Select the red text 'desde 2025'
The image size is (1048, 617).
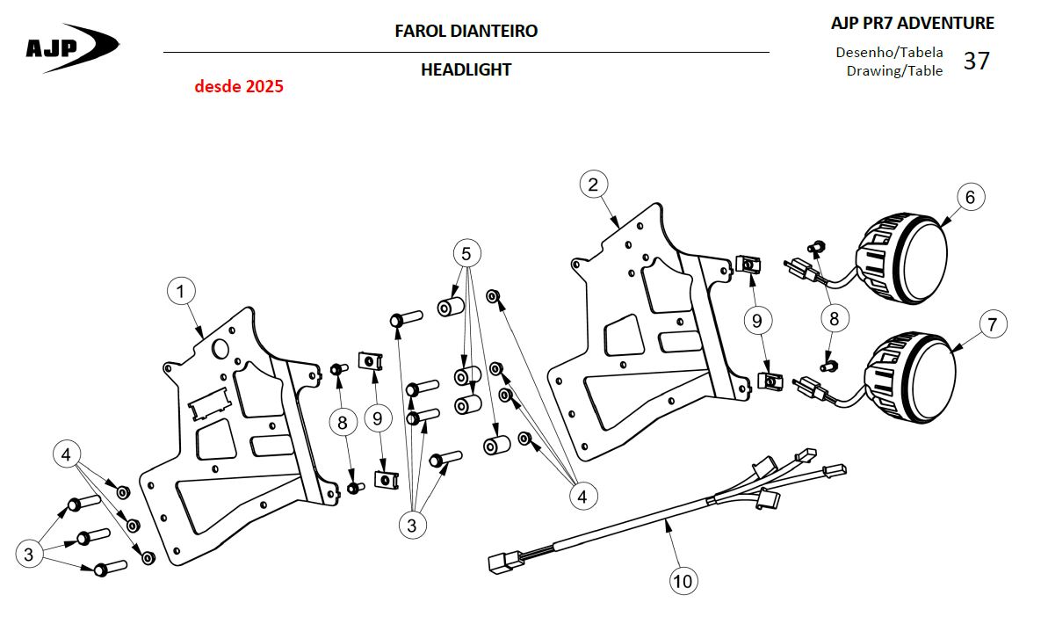tap(239, 86)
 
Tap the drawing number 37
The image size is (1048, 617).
tap(976, 61)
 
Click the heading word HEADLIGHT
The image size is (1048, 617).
tap(466, 69)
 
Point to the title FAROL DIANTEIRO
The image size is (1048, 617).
tap(466, 31)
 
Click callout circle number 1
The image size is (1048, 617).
tap(180, 292)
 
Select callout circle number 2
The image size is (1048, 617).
tap(594, 184)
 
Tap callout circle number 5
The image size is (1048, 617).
tap(466, 253)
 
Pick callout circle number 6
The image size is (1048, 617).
tap(971, 197)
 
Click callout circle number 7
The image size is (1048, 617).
tap(993, 324)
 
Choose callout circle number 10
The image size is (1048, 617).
tap(683, 580)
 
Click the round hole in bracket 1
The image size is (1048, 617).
tap(219, 349)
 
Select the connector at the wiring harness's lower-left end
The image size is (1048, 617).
tap(503, 562)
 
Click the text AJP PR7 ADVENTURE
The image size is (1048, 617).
tap(913, 24)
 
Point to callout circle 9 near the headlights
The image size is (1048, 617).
tap(756, 321)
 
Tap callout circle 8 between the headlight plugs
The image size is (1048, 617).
tap(835, 318)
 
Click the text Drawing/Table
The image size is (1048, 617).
tap(894, 71)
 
